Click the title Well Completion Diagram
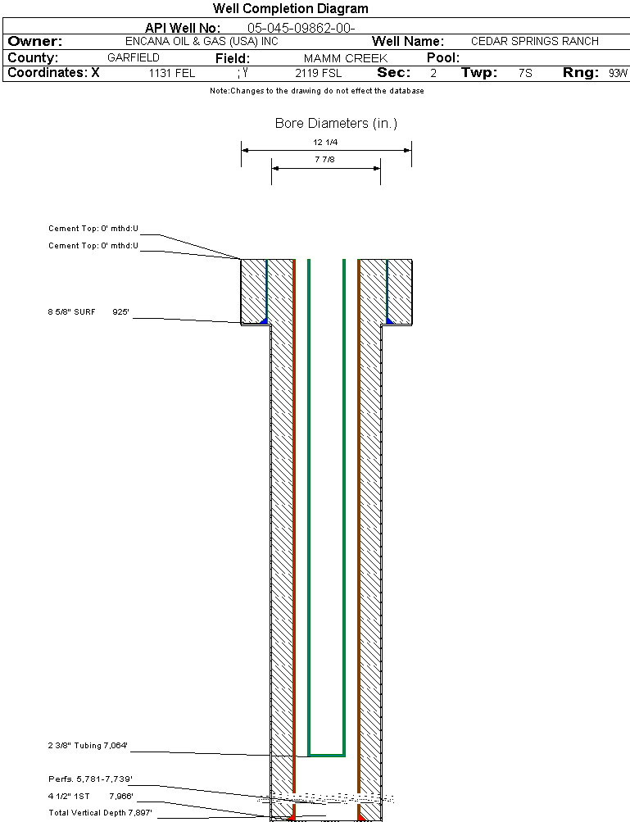[290, 9]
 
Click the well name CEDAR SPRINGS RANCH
[534, 41]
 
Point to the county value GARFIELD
[134, 58]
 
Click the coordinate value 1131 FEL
[172, 73]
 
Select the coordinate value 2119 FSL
[319, 73]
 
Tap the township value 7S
[525, 73]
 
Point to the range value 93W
[618, 73]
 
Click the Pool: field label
[443, 58]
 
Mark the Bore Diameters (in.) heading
[336, 124]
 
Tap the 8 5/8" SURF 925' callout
[88, 312]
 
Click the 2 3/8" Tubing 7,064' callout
[88, 746]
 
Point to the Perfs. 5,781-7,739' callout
[90, 779]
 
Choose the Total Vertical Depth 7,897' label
[100, 812]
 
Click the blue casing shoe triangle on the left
[263, 320]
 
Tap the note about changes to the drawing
[316, 91]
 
